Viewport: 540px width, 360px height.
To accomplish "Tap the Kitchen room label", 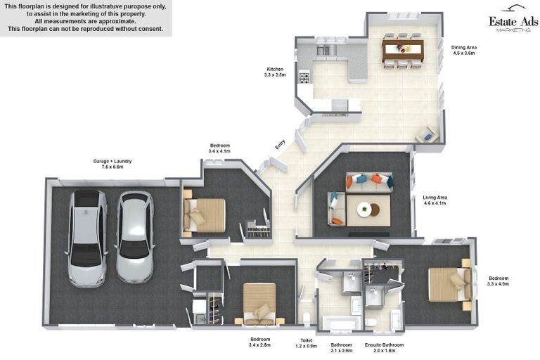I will coord(274,72).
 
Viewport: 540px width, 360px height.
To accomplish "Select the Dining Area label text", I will coord(463,50).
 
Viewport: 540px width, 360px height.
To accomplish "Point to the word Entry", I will coord(280,144).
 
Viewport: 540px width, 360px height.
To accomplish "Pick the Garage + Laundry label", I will coord(112,164).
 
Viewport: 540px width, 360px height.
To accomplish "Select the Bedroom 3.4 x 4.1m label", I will coord(219,148).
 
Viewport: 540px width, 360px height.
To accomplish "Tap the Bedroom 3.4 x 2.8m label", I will coord(260,342).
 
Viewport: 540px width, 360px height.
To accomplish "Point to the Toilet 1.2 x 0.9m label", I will coord(307,342).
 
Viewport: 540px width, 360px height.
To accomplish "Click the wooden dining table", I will coord(403,49).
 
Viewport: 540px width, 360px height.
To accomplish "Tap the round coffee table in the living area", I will coord(364,209).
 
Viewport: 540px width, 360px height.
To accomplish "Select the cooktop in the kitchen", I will coord(304,77).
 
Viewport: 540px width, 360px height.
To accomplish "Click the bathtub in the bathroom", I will coord(341,323).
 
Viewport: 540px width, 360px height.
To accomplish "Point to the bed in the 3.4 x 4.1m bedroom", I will coord(205,214).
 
